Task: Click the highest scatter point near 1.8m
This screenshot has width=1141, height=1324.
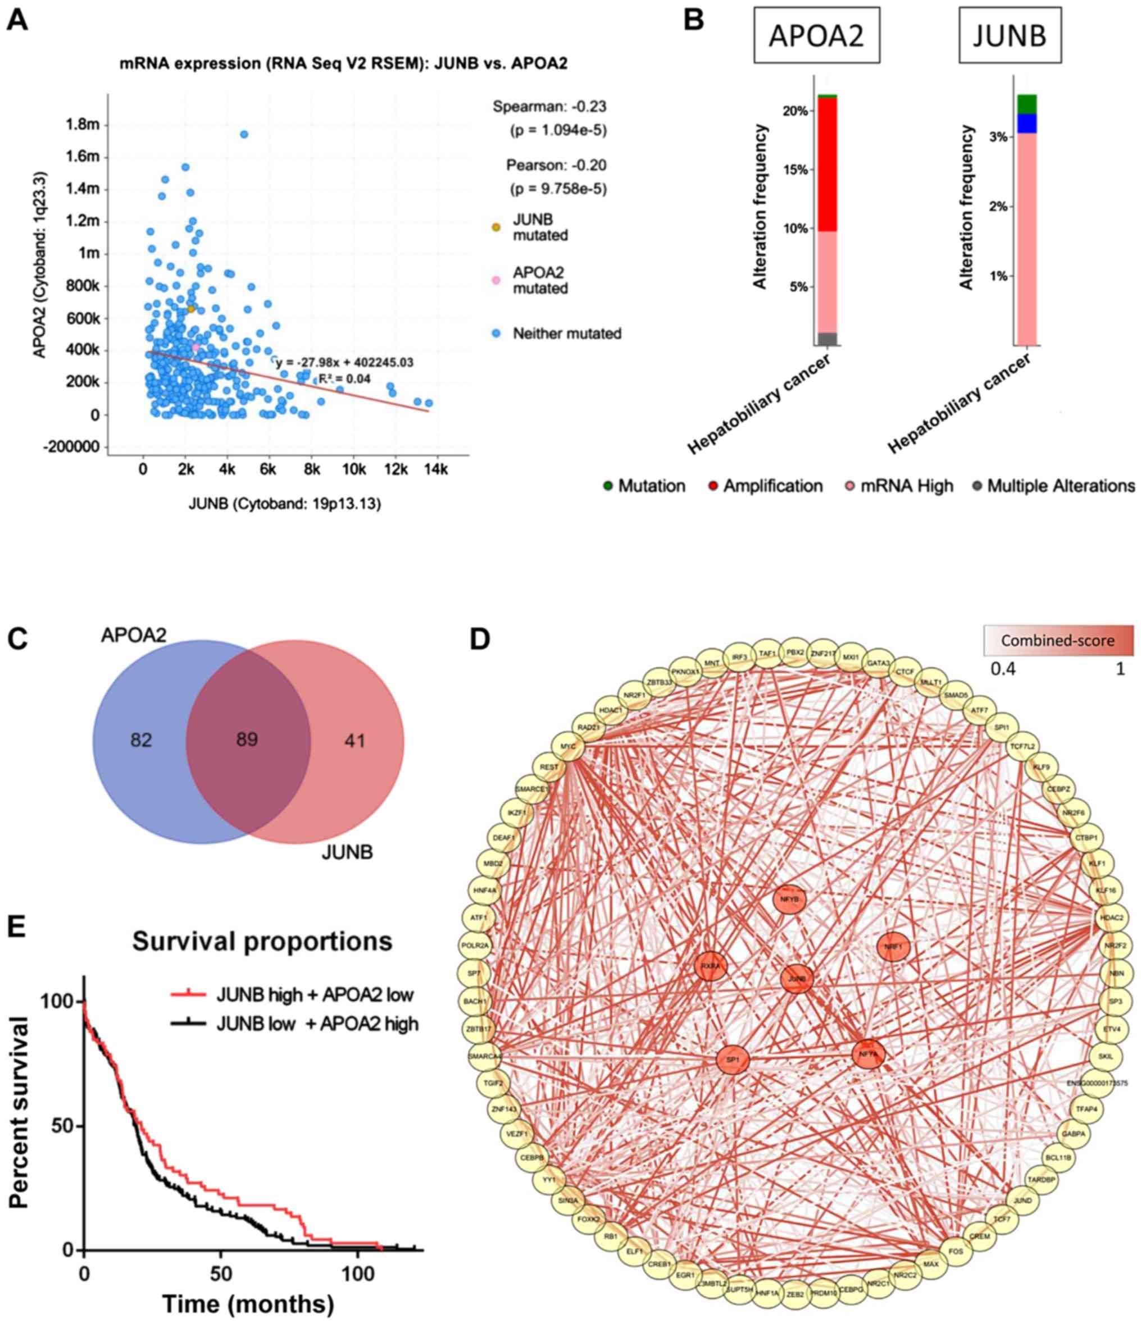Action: (x=244, y=134)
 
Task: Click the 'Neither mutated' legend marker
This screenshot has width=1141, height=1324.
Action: (x=497, y=334)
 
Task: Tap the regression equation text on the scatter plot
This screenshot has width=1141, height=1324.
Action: (x=344, y=363)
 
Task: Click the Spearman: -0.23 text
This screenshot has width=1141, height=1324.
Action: (x=549, y=106)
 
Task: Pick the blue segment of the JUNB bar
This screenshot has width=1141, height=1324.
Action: (x=1026, y=124)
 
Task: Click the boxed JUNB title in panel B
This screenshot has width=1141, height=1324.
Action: (x=1010, y=36)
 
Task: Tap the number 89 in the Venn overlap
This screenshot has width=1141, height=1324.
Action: (x=247, y=740)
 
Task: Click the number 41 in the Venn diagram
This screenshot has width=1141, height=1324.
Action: (x=354, y=741)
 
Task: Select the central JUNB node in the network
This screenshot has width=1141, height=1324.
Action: (x=797, y=978)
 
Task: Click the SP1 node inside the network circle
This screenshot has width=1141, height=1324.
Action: (x=733, y=1060)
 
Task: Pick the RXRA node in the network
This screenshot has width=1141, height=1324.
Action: (x=711, y=967)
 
